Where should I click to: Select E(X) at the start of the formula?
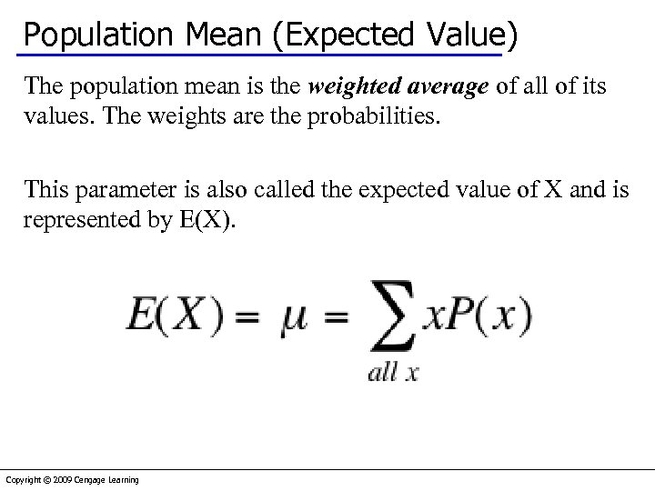tap(174, 316)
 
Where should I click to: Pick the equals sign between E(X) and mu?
tap(248, 318)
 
